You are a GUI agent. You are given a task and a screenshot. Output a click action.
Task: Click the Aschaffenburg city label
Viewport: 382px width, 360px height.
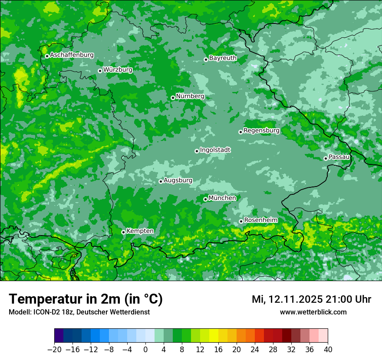[72, 55]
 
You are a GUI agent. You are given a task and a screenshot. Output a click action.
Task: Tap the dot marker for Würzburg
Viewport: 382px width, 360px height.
[100, 71]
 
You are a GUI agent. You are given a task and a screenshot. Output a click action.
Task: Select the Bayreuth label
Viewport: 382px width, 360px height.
[223, 58]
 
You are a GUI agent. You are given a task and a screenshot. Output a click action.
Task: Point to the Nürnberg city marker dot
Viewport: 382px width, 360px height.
[173, 98]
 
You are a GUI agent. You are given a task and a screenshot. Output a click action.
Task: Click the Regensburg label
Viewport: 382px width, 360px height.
[261, 131]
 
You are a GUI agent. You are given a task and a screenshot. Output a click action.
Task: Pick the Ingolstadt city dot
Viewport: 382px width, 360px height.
[197, 151]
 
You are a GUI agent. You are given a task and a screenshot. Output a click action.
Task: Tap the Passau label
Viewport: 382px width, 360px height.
[339, 157]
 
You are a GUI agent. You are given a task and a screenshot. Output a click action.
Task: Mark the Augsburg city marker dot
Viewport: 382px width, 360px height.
[161, 181]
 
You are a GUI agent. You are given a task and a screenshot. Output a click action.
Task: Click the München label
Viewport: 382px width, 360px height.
[222, 198]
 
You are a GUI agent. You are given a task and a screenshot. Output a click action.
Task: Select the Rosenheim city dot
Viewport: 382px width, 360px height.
[241, 222]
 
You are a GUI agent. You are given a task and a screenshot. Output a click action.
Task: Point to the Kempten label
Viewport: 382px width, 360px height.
[140, 231]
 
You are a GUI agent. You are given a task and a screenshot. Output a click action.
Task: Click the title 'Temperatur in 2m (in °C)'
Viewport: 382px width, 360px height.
[86, 299]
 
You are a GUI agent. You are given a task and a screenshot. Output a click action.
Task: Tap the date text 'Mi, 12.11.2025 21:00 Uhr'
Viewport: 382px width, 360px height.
[311, 299]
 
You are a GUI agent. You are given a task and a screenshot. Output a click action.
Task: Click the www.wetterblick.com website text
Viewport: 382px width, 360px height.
[313, 312]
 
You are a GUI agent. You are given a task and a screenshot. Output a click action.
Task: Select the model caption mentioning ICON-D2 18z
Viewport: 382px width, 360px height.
[79, 312]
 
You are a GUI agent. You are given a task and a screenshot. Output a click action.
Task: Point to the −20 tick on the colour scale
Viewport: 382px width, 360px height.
[54, 350]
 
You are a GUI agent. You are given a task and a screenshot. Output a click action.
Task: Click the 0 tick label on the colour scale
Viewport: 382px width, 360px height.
[145, 350]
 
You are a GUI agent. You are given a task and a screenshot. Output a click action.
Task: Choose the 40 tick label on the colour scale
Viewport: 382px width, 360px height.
[328, 350]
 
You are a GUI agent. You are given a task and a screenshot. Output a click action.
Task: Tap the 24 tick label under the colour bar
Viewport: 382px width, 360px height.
[255, 350]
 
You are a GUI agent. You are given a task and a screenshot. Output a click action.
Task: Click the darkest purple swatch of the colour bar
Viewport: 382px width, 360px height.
[59, 336]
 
